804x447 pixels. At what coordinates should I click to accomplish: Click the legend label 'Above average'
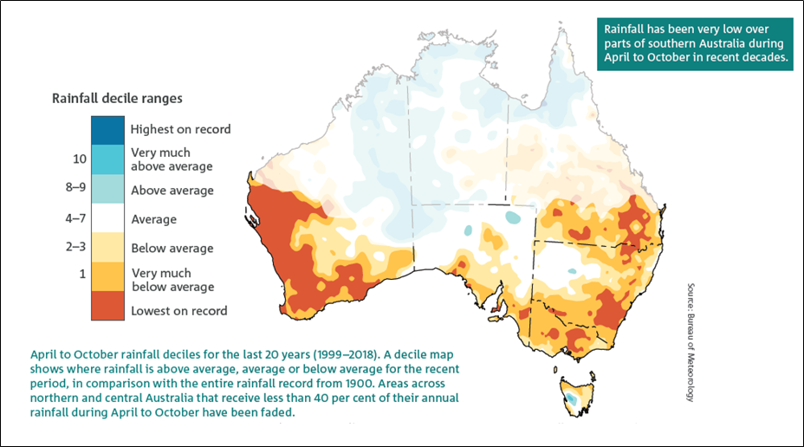(172, 191)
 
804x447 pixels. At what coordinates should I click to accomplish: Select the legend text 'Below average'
(172, 249)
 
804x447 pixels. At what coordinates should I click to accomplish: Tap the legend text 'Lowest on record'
(178, 311)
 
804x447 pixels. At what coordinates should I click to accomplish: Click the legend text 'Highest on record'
(180, 129)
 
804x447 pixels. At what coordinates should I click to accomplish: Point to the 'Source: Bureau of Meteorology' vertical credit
(691, 341)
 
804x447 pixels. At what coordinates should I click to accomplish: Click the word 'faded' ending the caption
(278, 411)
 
